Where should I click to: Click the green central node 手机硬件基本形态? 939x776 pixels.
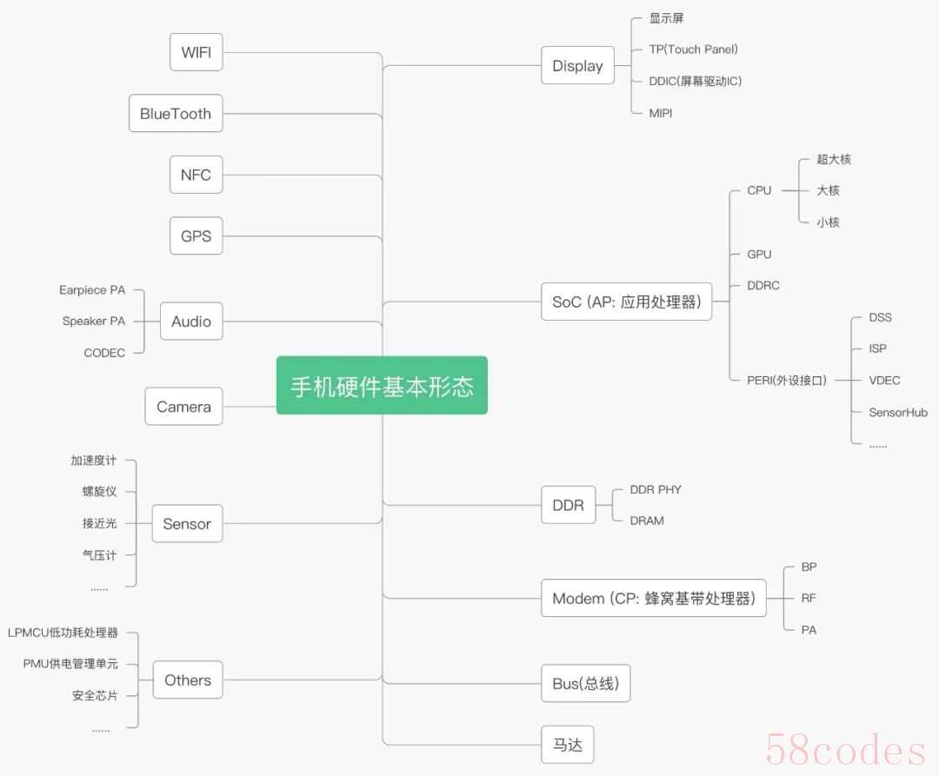click(x=382, y=385)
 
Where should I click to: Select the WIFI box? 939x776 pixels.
click(x=196, y=52)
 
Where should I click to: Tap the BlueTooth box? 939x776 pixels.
click(x=176, y=113)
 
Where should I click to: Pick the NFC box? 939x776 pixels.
click(x=196, y=175)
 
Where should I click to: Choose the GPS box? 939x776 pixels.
click(x=196, y=235)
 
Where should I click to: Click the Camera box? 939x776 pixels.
click(x=183, y=406)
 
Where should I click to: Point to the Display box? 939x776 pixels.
click(x=577, y=65)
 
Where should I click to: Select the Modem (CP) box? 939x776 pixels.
click(x=653, y=598)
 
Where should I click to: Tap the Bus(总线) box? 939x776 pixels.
click(x=585, y=683)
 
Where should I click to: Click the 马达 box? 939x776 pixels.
click(x=567, y=745)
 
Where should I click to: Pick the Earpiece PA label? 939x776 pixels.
click(x=92, y=290)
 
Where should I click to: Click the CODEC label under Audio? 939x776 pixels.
click(x=105, y=353)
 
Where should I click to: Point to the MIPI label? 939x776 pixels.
click(x=661, y=113)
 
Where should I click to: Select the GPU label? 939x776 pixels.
click(x=759, y=255)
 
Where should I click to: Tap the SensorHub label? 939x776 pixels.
click(x=897, y=412)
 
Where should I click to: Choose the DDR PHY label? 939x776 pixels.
click(x=656, y=489)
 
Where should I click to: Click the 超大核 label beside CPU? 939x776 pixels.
click(x=834, y=159)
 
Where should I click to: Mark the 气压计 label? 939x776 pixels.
click(x=99, y=555)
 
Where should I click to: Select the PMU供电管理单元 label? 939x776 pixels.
click(x=70, y=664)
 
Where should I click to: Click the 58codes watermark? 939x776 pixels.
click(x=846, y=749)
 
